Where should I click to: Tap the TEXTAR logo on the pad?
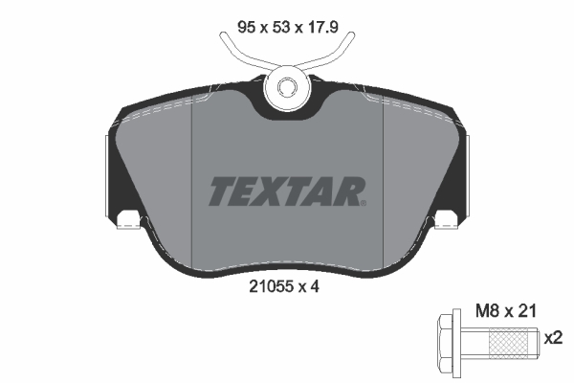pyautogui.click(x=286, y=190)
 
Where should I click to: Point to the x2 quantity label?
pyautogui.click(x=553, y=338)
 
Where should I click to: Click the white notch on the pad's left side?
pyautogui.click(x=127, y=221)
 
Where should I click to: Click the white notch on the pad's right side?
pyautogui.click(x=446, y=221)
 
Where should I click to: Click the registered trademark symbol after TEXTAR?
pyautogui.click(x=364, y=202)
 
